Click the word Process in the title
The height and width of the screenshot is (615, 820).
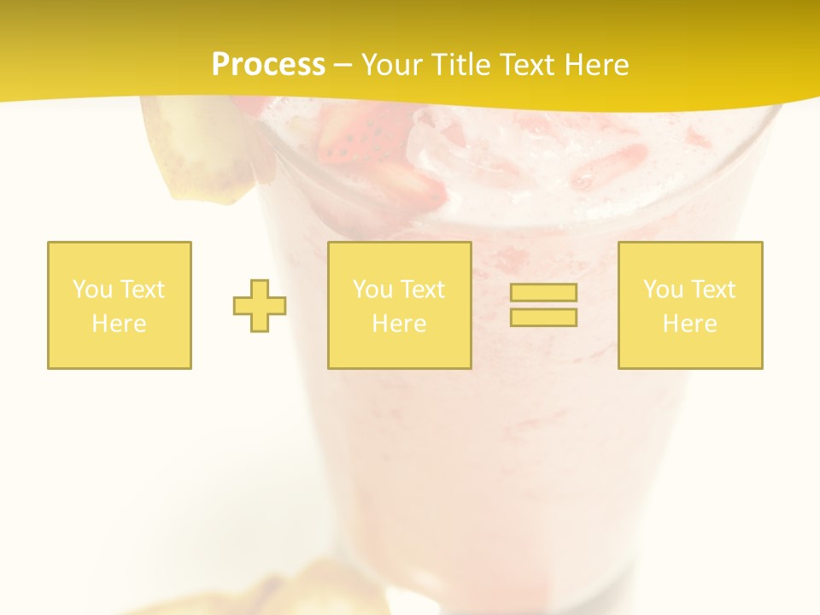268,65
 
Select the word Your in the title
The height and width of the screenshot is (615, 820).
394,65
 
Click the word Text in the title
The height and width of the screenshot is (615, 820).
523,65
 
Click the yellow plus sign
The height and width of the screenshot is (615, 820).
260,306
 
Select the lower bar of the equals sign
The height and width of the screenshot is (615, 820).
543,318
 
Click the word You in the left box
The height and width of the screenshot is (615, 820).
91,290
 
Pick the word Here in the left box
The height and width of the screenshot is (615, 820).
119,324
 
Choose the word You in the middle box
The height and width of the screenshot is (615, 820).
372,290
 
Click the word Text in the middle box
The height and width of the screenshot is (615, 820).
422,290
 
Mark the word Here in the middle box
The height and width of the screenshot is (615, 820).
399,324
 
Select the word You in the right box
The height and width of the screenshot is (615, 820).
662,290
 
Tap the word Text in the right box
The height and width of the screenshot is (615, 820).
712,290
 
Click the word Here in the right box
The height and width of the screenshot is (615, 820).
689,324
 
